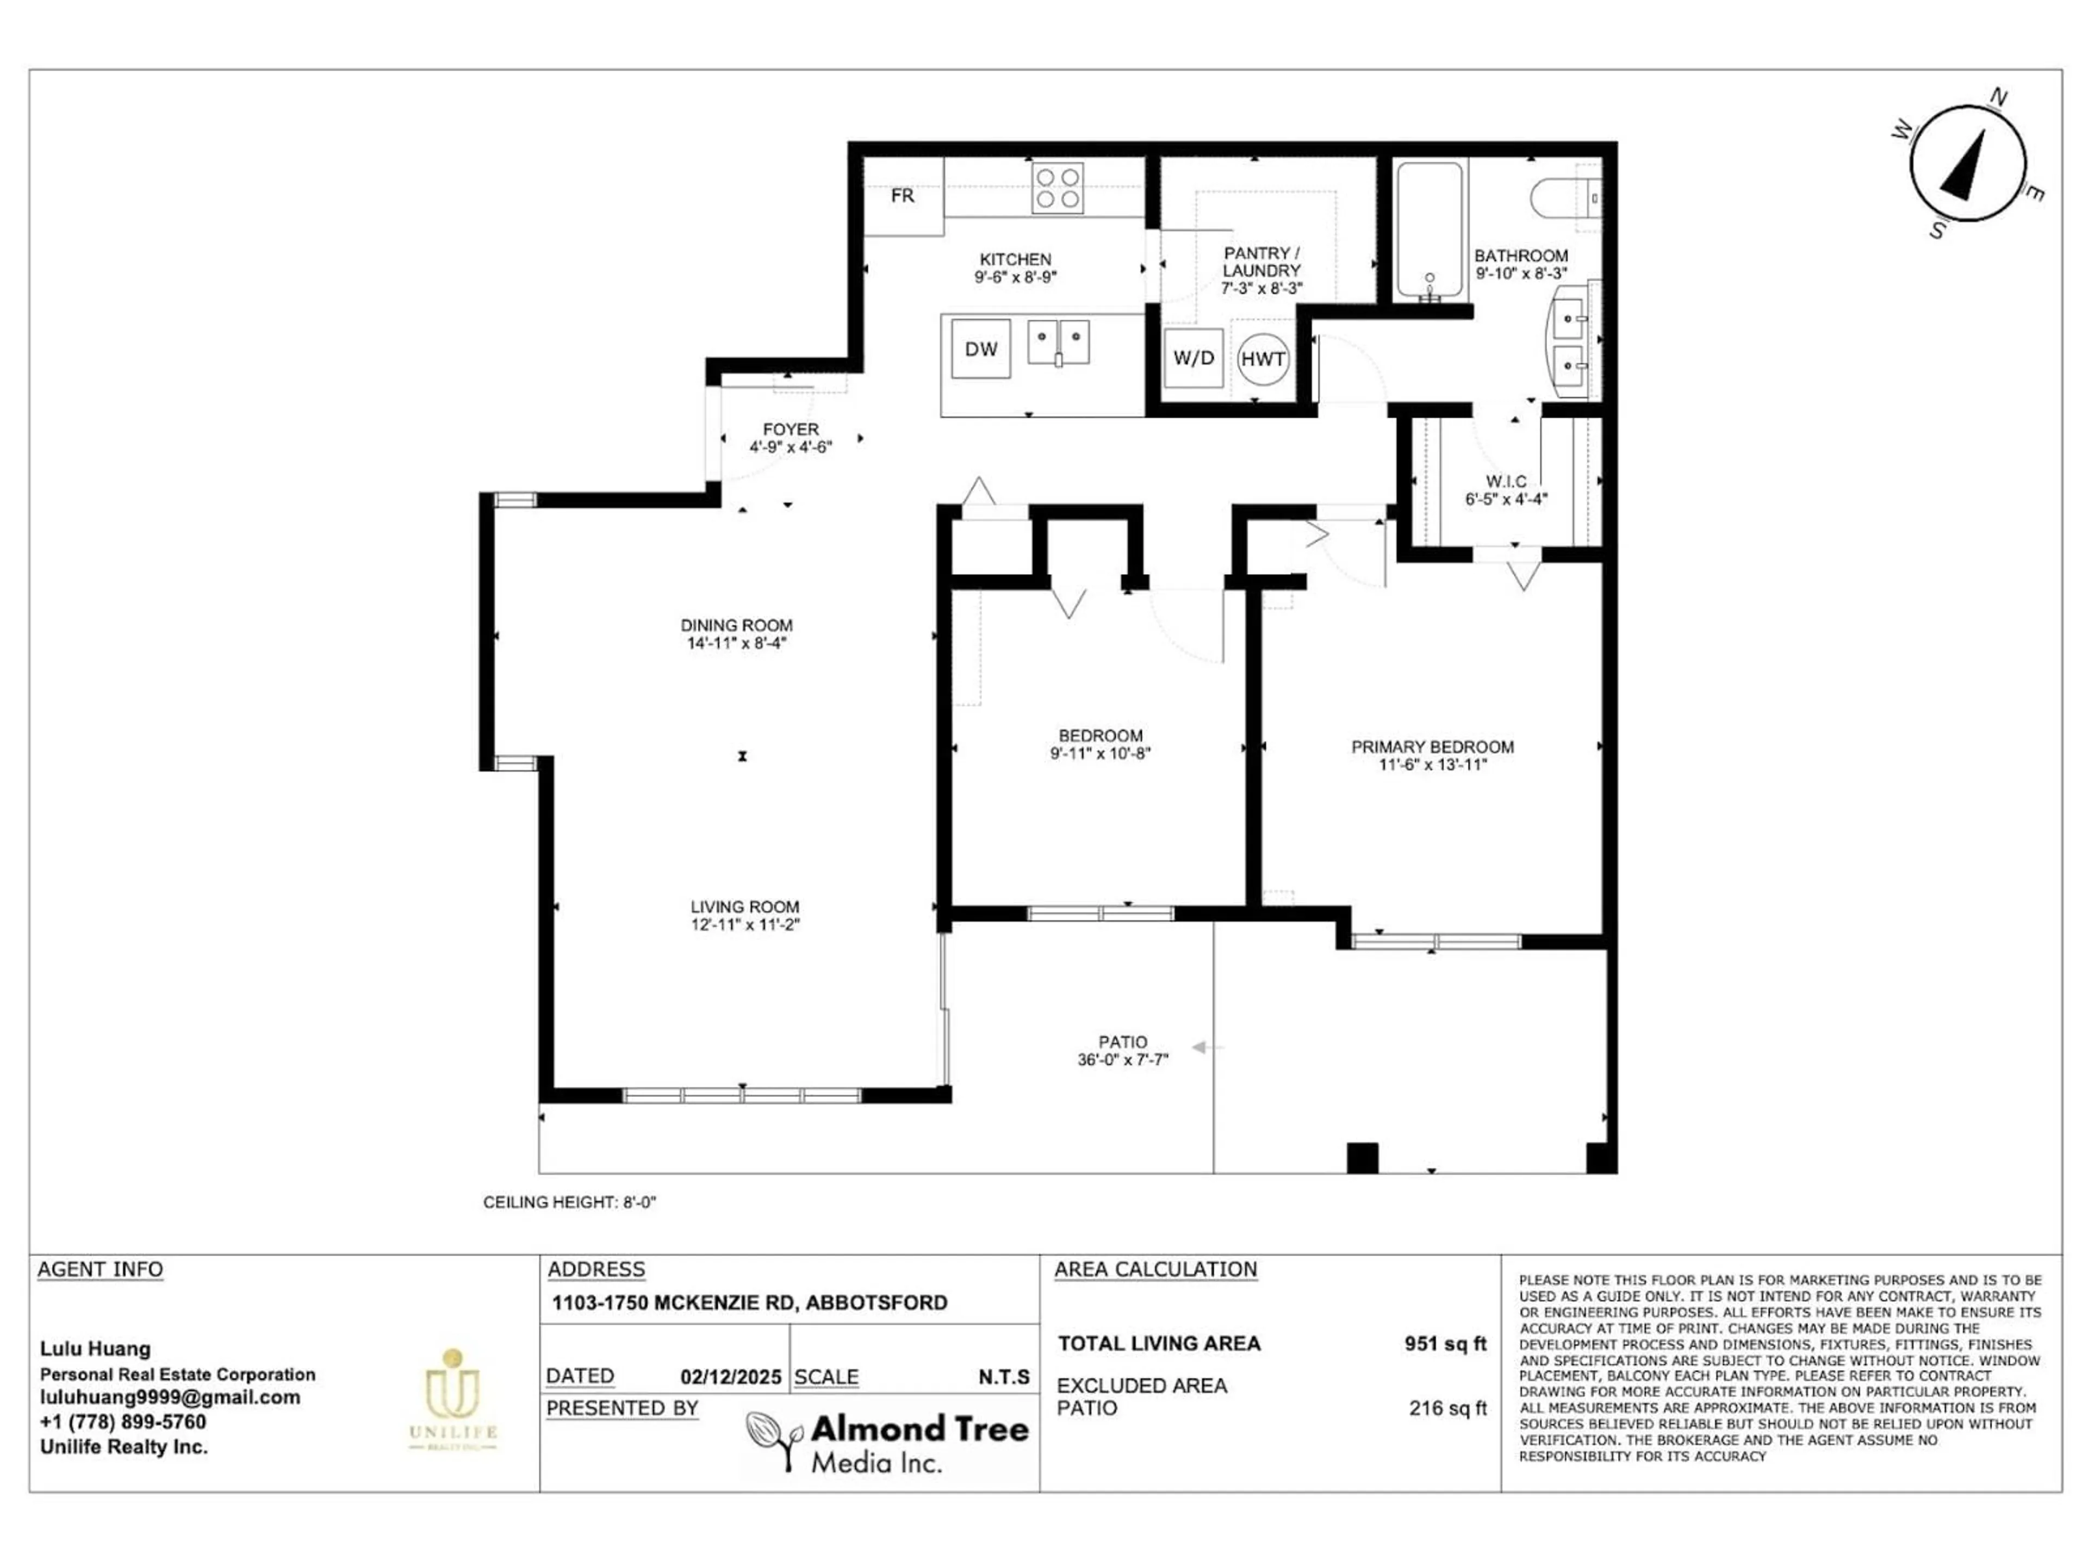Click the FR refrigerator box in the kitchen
click(x=903, y=196)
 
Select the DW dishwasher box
click(x=981, y=349)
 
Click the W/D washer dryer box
click(x=1193, y=358)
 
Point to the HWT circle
click(x=1263, y=359)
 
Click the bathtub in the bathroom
click(x=1429, y=231)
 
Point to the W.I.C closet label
click(x=1507, y=481)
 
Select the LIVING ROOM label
click(x=745, y=906)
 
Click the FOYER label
click(x=791, y=430)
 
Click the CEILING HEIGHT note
click(x=569, y=1203)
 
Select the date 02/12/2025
click(x=731, y=1377)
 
